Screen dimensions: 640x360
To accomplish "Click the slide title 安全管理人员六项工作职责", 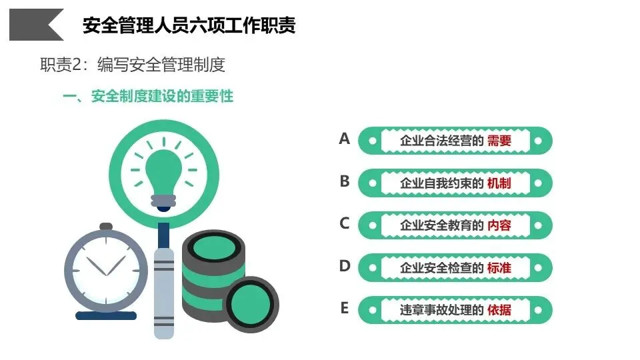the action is coord(189,25).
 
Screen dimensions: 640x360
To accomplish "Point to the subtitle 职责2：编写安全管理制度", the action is coord(133,65).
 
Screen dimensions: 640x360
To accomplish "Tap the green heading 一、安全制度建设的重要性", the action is coord(147,97).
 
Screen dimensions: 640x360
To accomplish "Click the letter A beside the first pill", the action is coord(344,139).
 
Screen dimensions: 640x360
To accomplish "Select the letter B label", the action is coord(344,181).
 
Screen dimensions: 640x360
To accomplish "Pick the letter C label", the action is coord(344,223).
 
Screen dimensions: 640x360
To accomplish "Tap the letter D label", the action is coord(344,266).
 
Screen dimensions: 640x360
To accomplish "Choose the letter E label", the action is coord(344,308).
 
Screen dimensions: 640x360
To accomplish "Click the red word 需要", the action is coord(499,141).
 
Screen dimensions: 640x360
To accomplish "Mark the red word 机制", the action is coord(499,183).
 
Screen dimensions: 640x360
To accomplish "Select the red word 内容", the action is coord(499,225).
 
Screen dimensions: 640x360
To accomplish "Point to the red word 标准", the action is coord(499,268).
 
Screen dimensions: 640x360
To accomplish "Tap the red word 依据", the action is coord(499,310).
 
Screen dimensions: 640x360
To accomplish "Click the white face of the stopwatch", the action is coord(106,267).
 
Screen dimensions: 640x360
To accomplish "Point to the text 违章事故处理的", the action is coord(441,310).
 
